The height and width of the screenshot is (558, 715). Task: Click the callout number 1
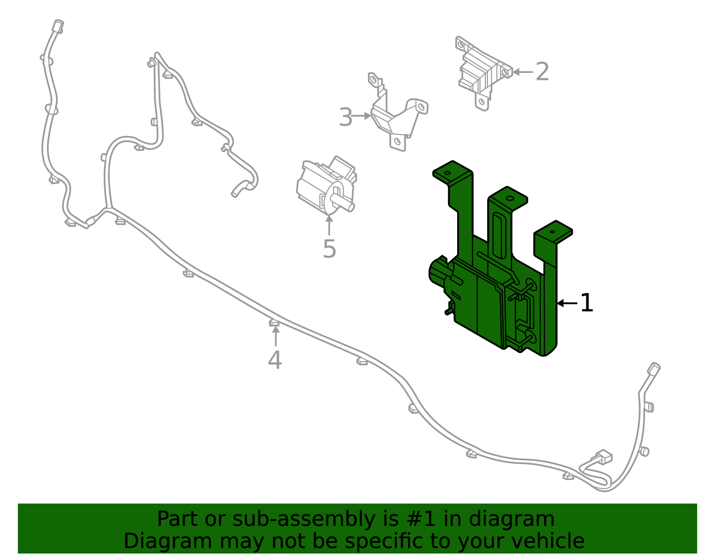tap(586, 303)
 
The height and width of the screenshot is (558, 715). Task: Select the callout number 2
tap(542, 72)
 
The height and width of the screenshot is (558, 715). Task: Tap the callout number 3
tap(345, 117)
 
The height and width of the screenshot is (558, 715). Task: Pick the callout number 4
tap(275, 361)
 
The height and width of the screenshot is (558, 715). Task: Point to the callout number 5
tap(329, 249)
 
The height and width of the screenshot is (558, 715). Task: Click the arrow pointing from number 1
tap(567, 303)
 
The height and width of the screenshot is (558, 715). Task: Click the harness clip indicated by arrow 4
tap(274, 322)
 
